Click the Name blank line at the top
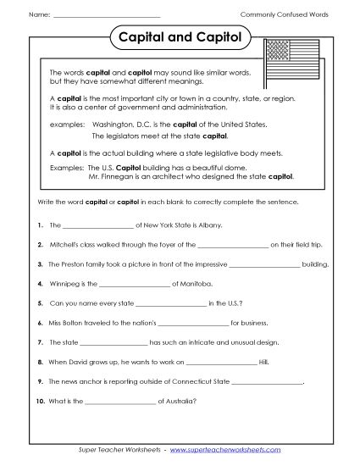click(x=106, y=16)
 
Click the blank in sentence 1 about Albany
click(x=99, y=227)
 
